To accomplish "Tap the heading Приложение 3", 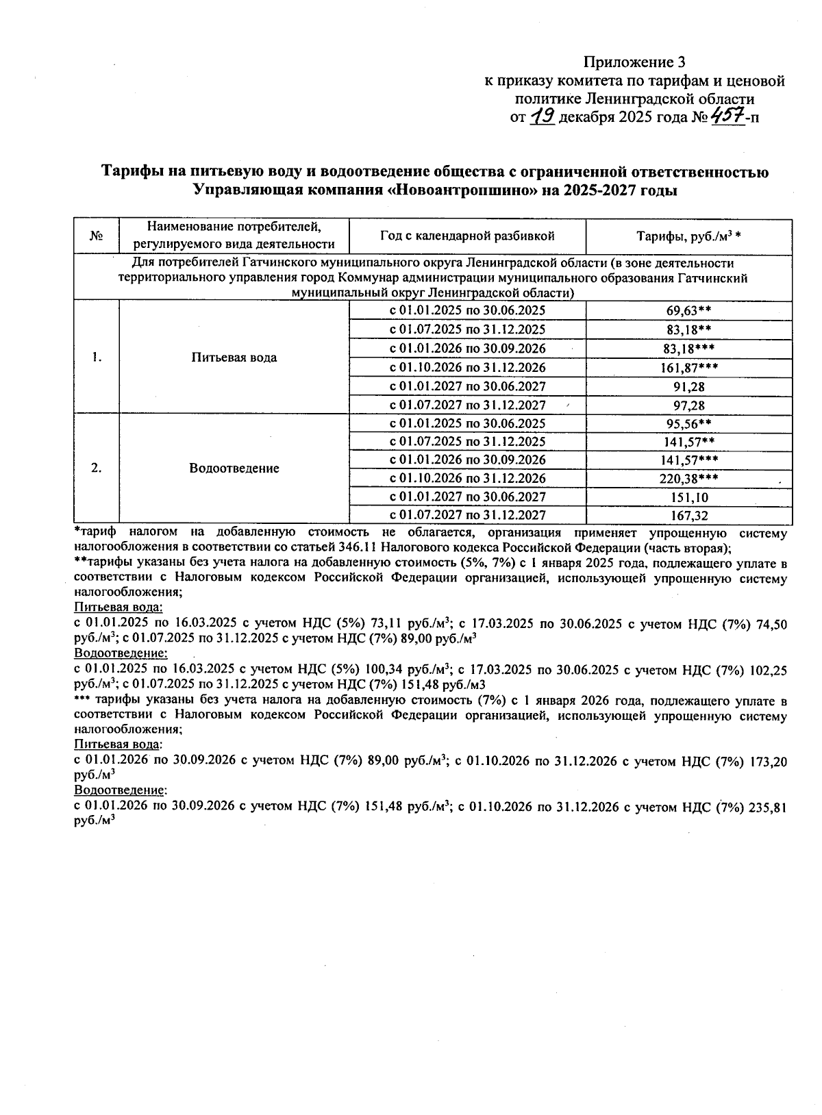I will click(x=634, y=62).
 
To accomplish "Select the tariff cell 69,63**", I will click(x=688, y=310).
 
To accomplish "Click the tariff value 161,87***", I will click(x=688, y=368).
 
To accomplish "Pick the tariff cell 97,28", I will click(x=688, y=405).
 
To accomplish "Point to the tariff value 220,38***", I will click(x=688, y=478).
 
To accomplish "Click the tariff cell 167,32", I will click(x=688, y=515).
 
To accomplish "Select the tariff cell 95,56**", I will click(x=688, y=423).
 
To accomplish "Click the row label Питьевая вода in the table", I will click(x=234, y=358).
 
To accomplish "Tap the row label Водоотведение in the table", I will click(x=234, y=468).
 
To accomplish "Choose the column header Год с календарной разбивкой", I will click(x=467, y=236).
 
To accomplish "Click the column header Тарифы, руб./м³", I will click(x=688, y=236).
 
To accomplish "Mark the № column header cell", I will click(x=96, y=236).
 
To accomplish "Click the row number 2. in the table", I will click(x=97, y=468).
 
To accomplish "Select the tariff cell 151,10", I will click(x=688, y=497).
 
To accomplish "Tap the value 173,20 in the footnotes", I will click(x=769, y=760).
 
